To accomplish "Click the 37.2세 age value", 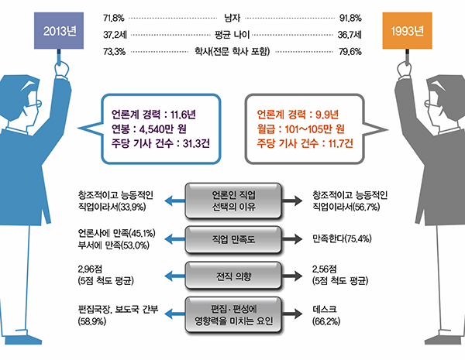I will click(115, 35).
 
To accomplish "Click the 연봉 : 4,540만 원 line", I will click(150, 127).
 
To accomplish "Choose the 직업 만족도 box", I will click(232, 236).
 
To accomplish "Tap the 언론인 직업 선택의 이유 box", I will click(232, 200).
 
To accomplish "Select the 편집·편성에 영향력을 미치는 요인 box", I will click(232, 312).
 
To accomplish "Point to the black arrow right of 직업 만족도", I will click(291, 236).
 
